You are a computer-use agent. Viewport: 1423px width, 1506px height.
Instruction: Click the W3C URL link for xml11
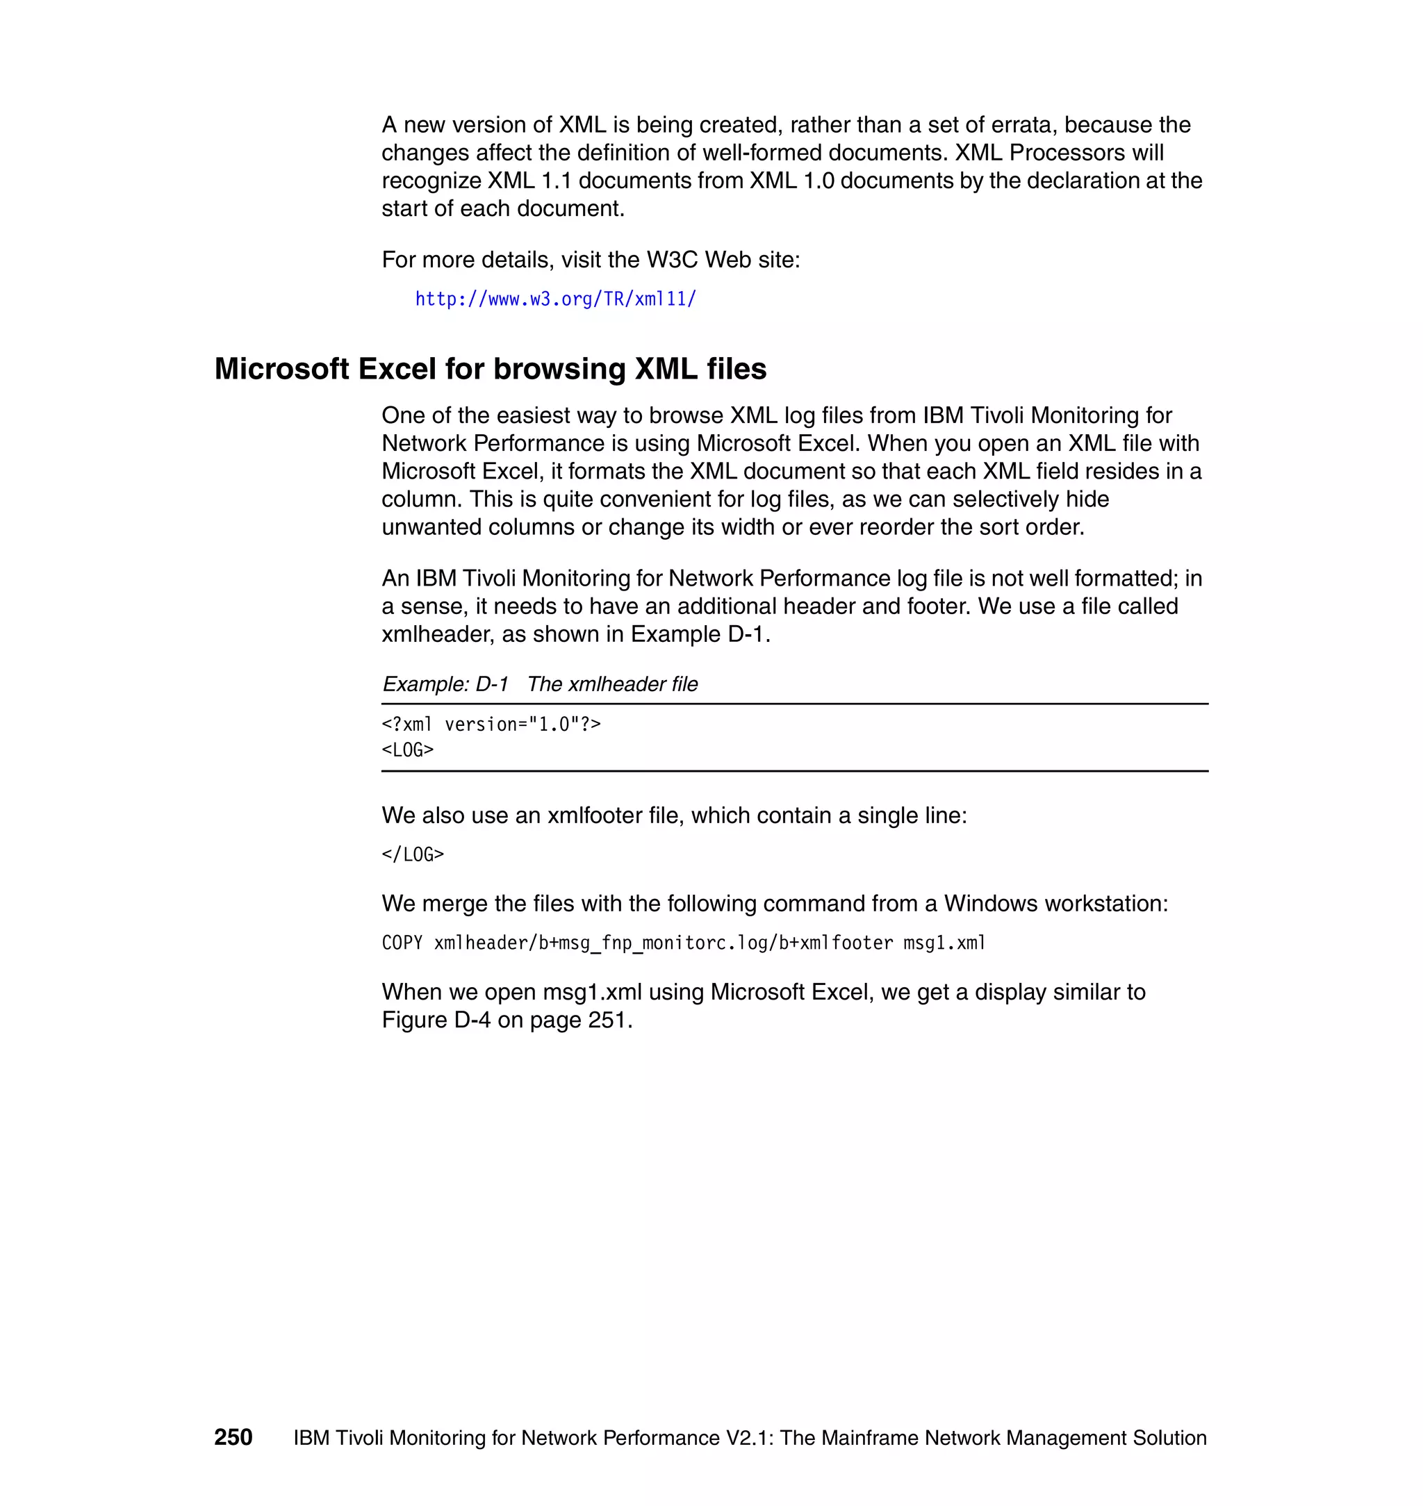point(555,299)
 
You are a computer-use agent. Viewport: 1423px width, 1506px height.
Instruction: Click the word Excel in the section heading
point(397,370)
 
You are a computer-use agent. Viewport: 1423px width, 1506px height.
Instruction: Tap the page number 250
point(233,1437)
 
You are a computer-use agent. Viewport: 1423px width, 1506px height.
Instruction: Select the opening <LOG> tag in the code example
point(407,750)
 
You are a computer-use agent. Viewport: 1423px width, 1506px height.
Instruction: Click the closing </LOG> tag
point(413,854)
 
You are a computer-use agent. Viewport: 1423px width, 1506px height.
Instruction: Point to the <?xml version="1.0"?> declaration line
point(491,725)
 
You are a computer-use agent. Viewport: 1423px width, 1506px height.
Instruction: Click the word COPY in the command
point(402,943)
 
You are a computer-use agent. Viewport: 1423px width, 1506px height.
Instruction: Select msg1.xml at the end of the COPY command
point(944,943)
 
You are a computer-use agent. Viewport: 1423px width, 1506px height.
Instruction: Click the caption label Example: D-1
point(445,684)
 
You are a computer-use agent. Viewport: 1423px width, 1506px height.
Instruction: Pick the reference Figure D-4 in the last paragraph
point(436,1020)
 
